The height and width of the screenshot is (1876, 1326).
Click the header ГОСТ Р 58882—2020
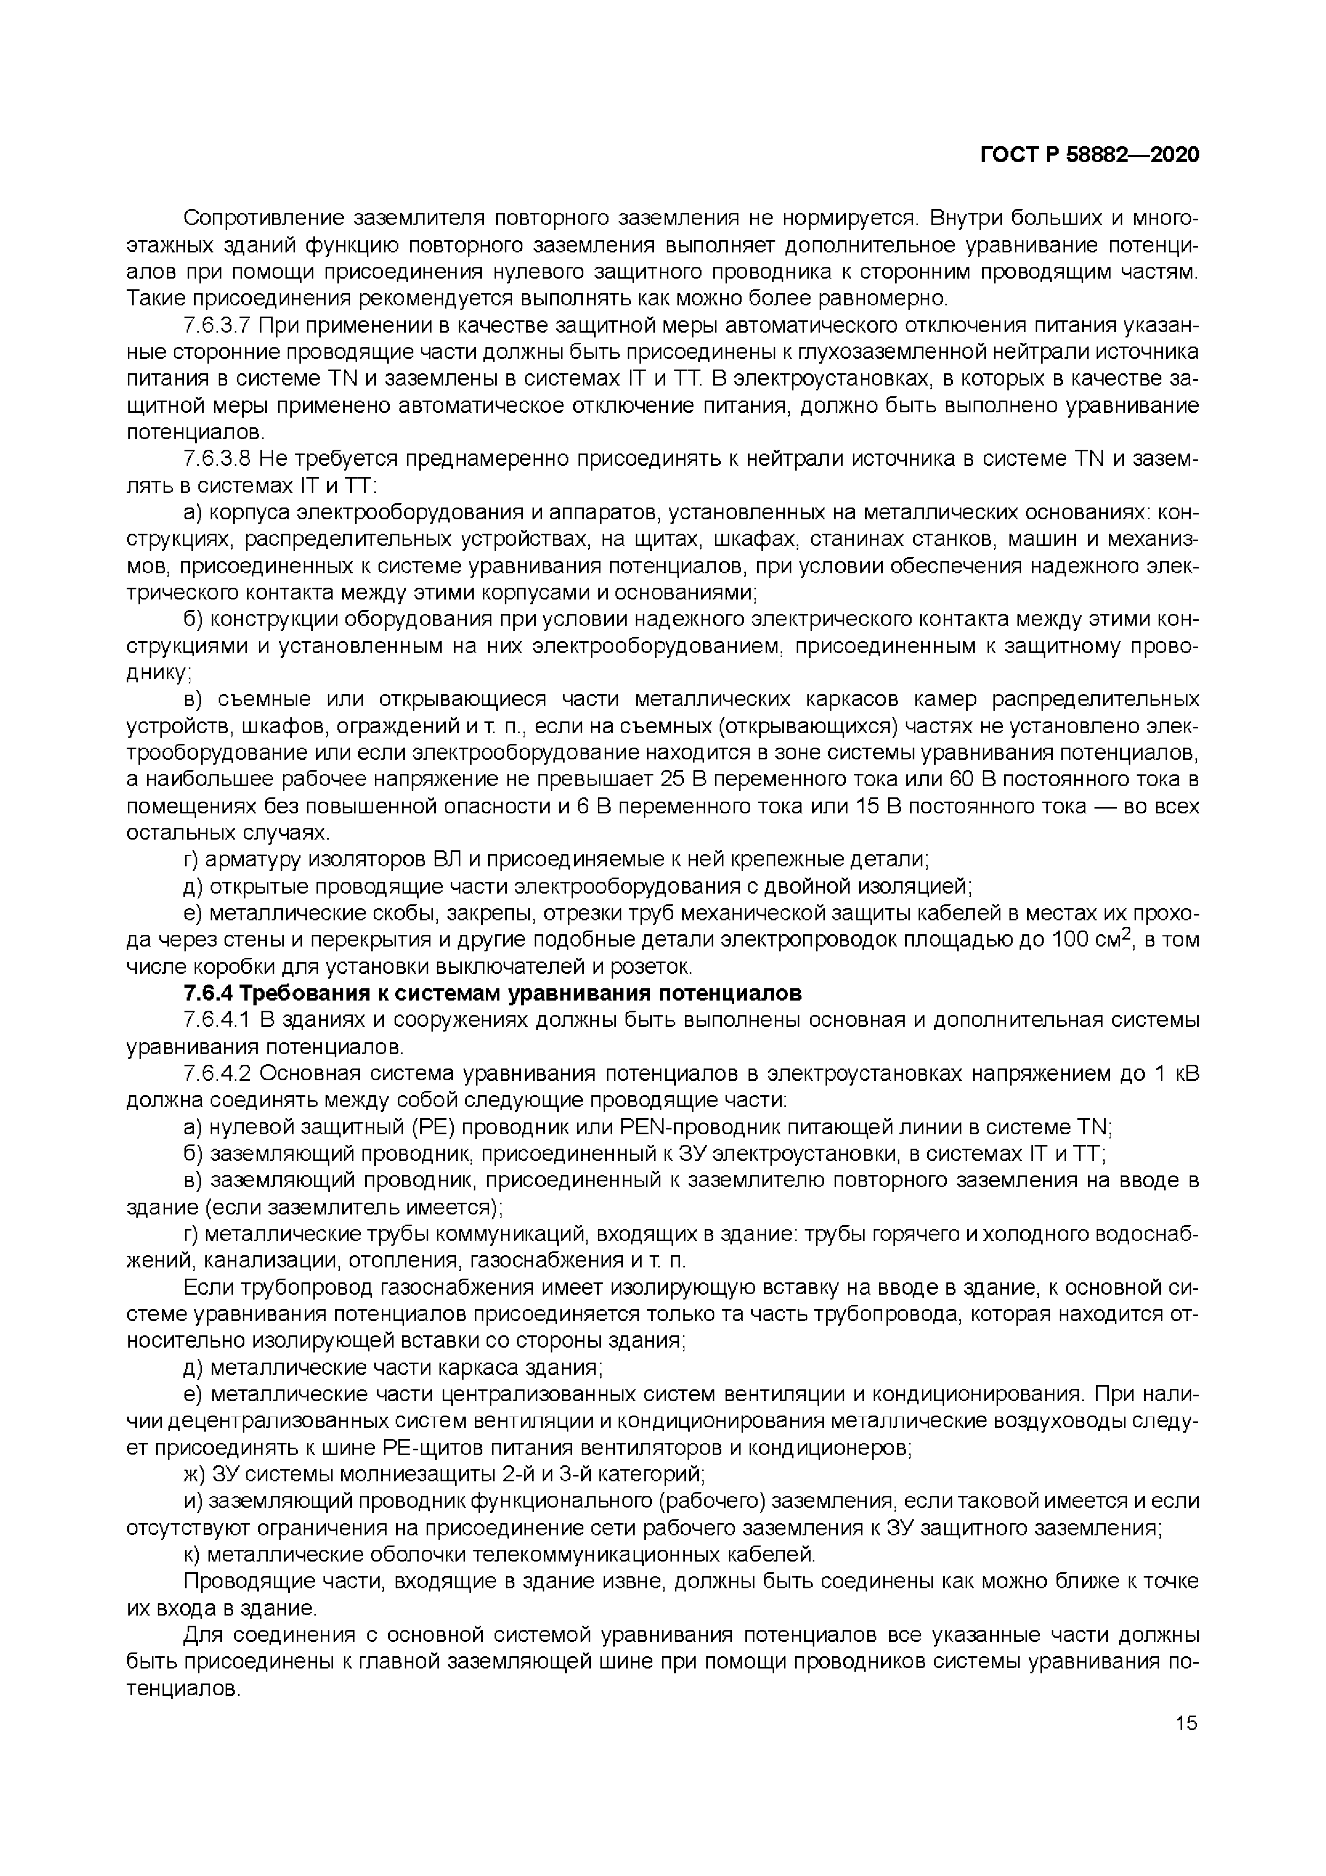1089,155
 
